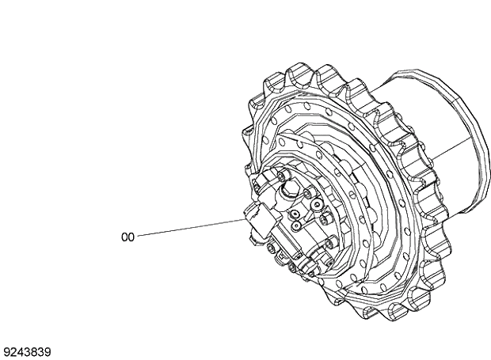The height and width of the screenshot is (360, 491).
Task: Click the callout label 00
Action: coord(128,237)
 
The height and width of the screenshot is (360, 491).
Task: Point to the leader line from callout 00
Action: coord(190,228)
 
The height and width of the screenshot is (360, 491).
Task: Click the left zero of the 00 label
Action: coord(124,237)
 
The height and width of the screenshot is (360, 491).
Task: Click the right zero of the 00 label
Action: coord(131,237)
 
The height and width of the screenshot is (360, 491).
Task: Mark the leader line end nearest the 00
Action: coord(139,235)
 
